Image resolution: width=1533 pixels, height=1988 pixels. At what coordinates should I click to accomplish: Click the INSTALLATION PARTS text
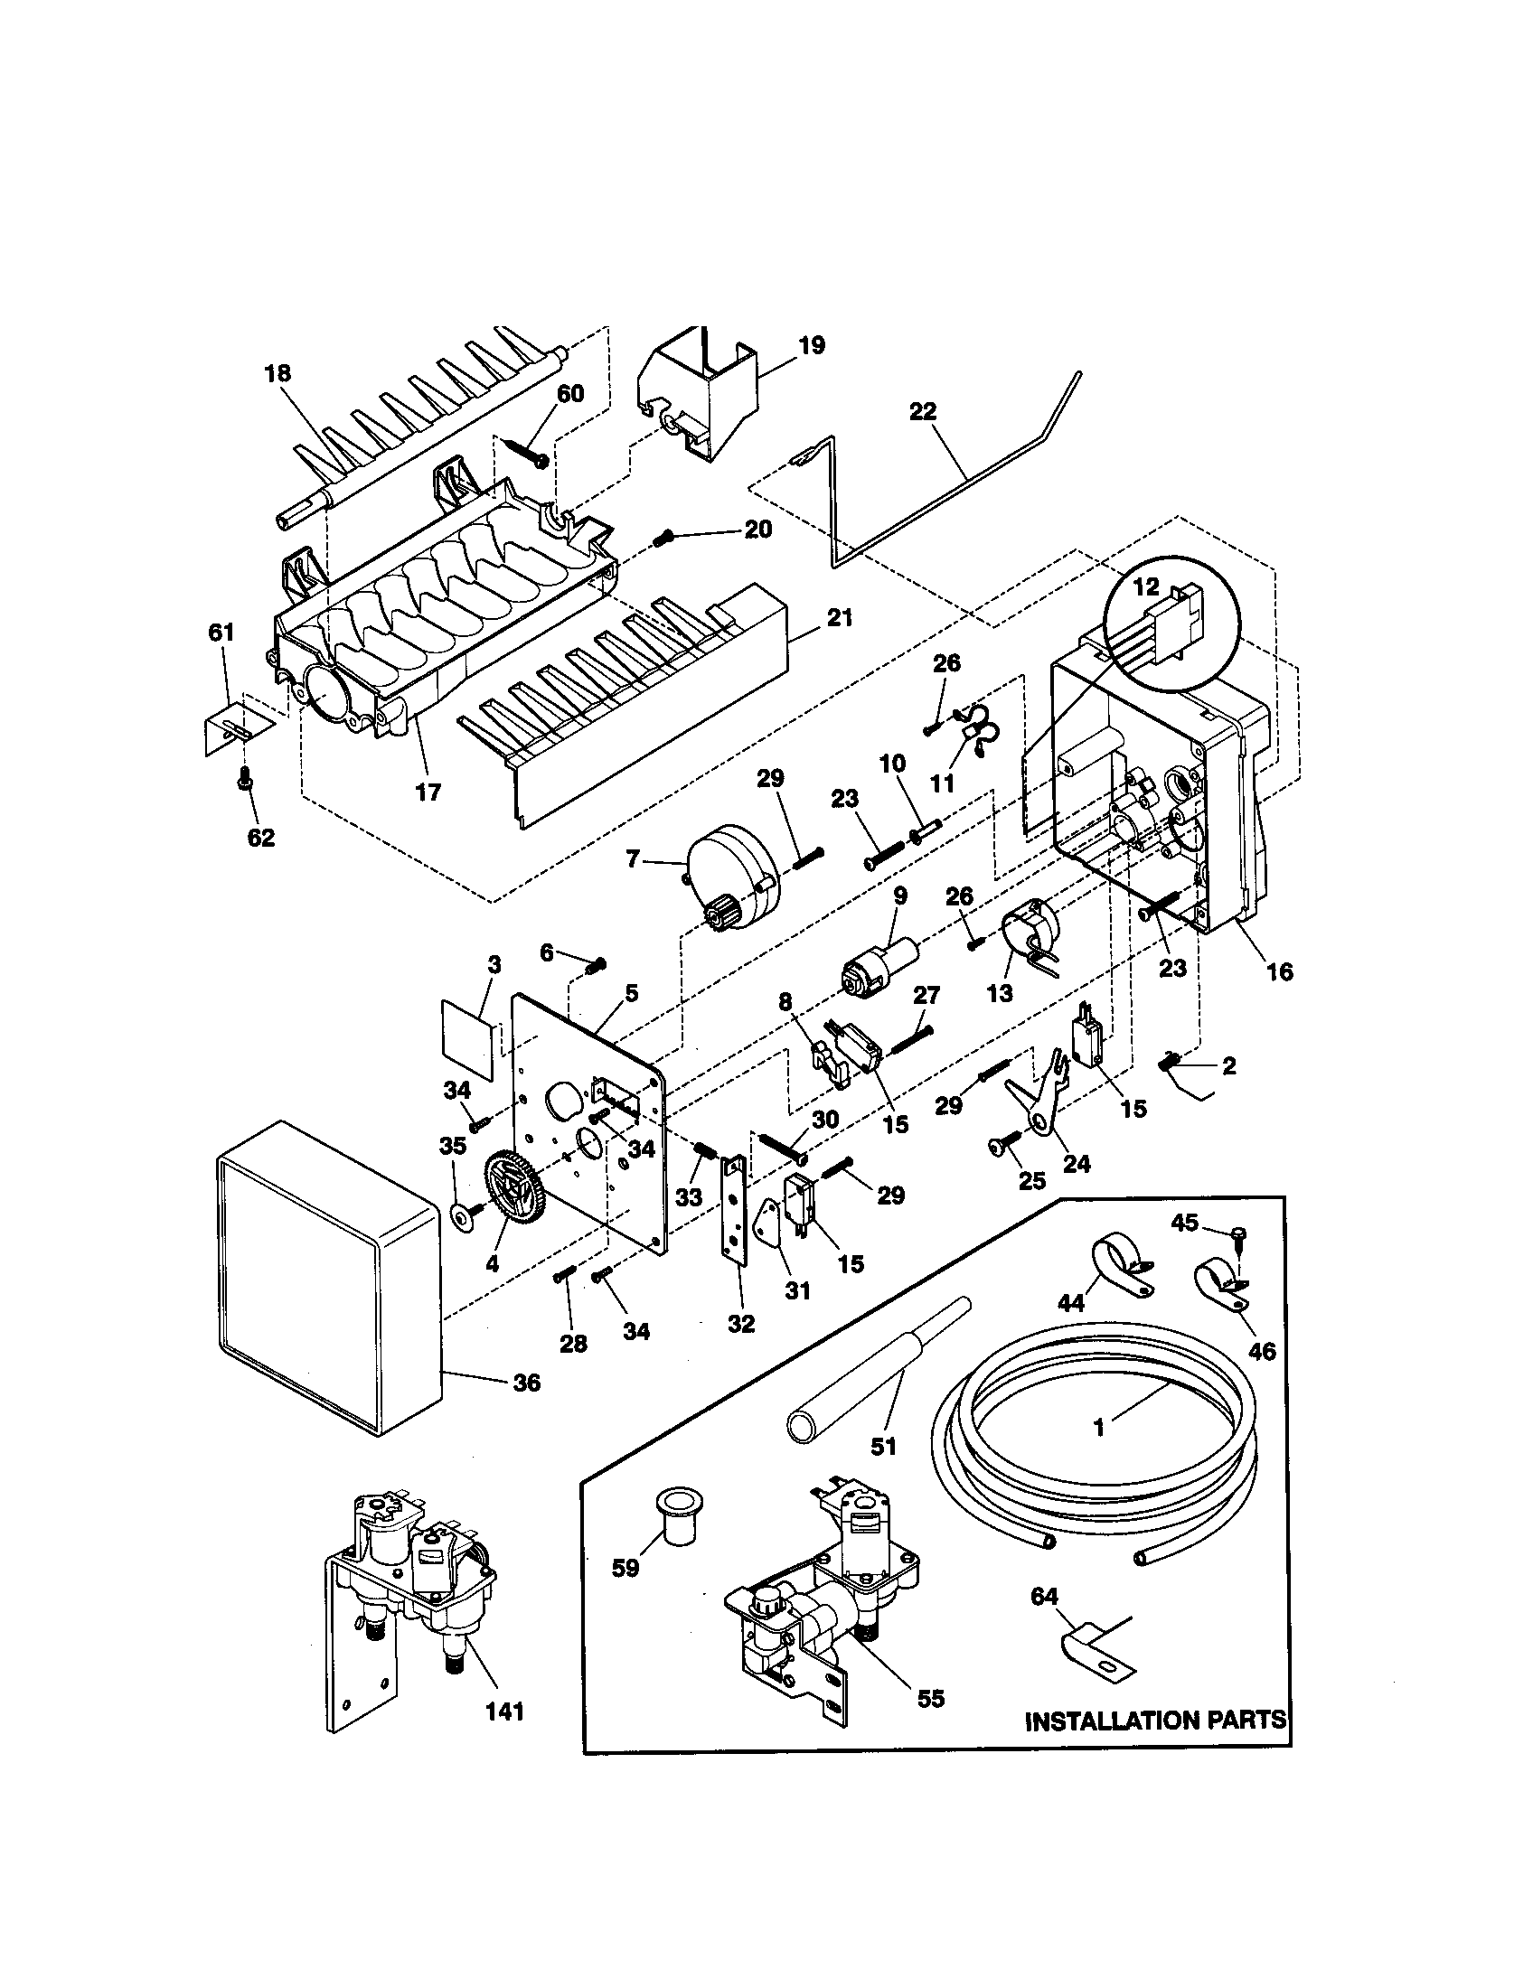(1155, 1720)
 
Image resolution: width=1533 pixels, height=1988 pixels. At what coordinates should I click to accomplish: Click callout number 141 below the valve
(504, 1711)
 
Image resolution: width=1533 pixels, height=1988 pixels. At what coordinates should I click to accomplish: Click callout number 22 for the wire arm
(922, 411)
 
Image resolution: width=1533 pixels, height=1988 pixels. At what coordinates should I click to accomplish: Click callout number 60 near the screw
(570, 393)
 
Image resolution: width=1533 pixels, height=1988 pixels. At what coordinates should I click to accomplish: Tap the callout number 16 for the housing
(1279, 971)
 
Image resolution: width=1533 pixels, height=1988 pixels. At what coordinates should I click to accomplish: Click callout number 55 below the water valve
(930, 1698)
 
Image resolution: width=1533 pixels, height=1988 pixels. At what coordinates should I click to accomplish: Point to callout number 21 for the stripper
(839, 617)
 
